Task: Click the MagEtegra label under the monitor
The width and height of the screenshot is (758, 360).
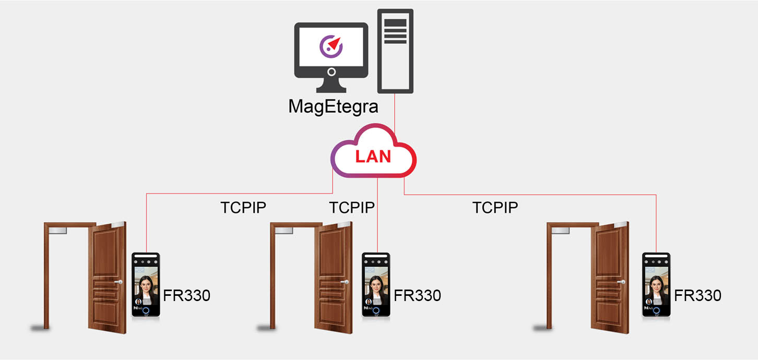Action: tap(333, 107)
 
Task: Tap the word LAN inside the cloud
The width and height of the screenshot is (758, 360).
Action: tap(373, 157)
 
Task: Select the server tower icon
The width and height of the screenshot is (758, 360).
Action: tap(395, 51)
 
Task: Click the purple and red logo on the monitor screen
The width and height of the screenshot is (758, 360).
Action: tap(331, 46)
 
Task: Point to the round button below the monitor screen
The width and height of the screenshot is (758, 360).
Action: tap(331, 71)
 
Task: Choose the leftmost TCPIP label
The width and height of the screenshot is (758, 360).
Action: tap(243, 208)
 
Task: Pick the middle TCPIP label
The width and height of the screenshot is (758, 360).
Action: tap(352, 208)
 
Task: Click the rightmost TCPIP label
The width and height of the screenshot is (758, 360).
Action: tap(495, 208)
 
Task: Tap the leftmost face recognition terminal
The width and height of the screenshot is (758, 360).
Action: tap(146, 284)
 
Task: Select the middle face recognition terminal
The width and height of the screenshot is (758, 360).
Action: tap(376, 284)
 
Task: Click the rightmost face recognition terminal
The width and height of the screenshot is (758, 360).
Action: tap(656, 284)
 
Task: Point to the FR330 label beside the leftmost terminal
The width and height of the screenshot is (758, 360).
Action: tap(186, 295)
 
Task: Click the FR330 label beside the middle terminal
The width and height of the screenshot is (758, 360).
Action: tap(417, 295)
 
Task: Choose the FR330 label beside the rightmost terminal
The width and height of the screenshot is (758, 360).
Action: tap(697, 295)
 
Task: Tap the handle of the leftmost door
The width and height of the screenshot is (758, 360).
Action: tap(119, 282)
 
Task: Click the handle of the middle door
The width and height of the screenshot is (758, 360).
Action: tap(345, 282)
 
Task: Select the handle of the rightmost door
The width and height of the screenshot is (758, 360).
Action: tap(621, 282)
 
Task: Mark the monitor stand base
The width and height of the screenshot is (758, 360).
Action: tap(331, 89)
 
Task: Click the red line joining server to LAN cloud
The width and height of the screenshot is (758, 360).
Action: tap(395, 113)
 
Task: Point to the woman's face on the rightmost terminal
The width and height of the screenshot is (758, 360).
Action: tap(656, 284)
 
